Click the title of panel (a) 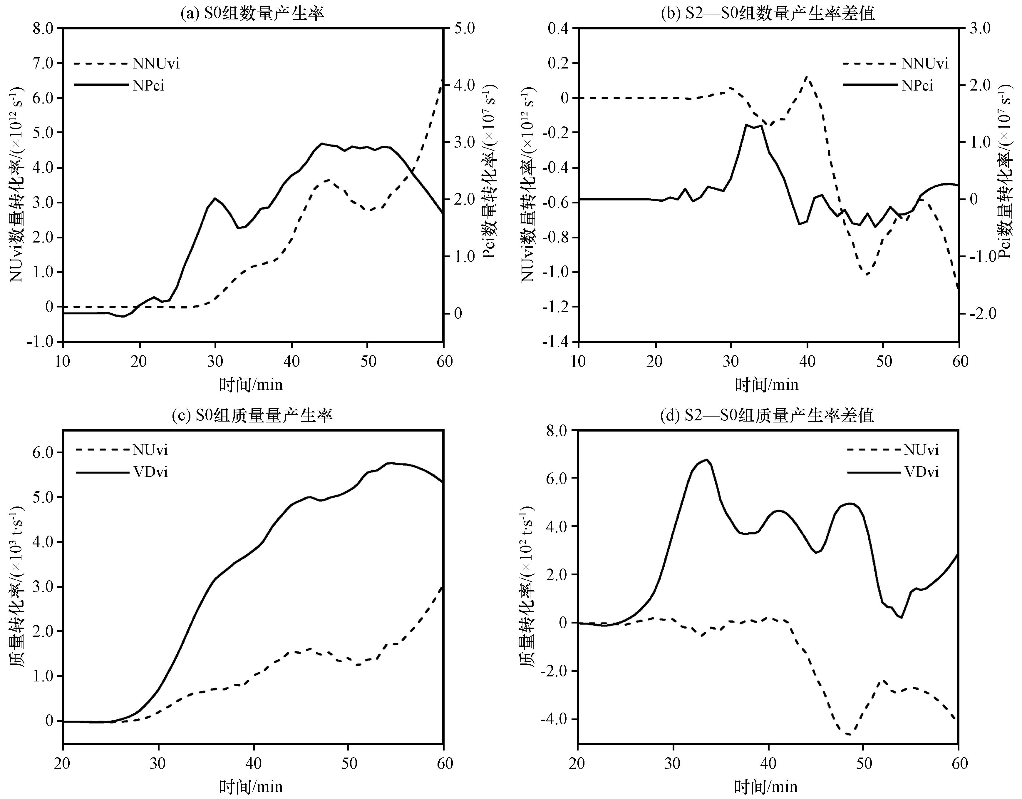coord(252,13)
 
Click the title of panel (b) coord(768,13)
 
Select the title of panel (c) coord(252,415)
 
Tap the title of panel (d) coord(768,415)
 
